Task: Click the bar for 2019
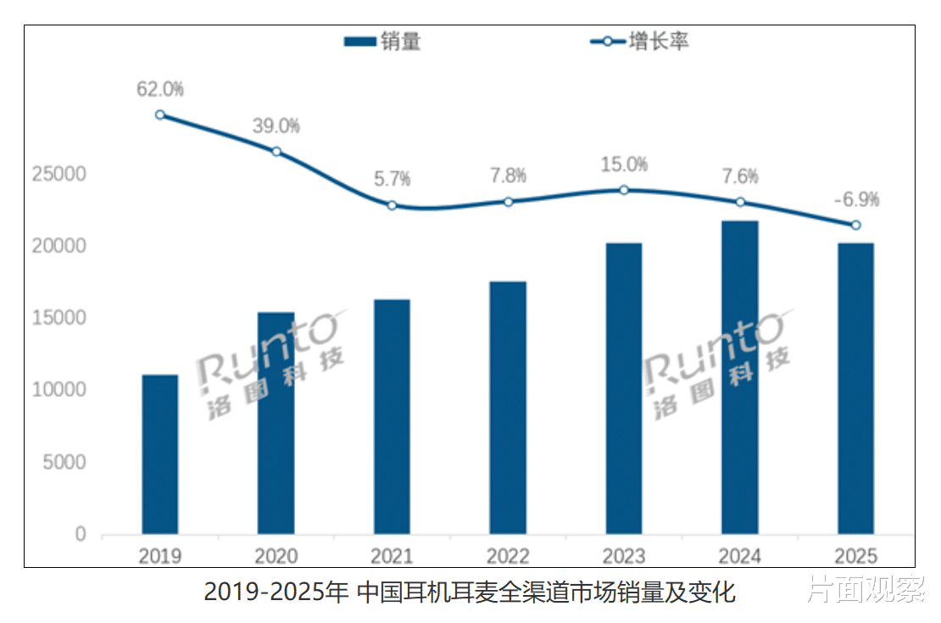[x=160, y=454]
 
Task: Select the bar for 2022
[x=508, y=408]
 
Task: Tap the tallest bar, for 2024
[x=739, y=377]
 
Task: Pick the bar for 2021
[x=392, y=416]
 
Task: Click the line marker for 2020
[x=276, y=152]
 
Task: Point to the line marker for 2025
[x=855, y=225]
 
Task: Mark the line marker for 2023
[x=623, y=190]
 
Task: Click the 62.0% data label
[x=160, y=89]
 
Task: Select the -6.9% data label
[x=855, y=200]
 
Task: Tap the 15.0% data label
[x=623, y=164]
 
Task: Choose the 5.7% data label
[x=392, y=179]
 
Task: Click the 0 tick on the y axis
[x=81, y=535]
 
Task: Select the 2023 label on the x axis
[x=623, y=556]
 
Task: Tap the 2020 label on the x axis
[x=276, y=556]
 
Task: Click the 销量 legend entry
[x=382, y=42]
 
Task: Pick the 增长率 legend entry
[x=639, y=42]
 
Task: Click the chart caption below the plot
[x=470, y=592]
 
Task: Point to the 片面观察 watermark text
[x=865, y=589]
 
